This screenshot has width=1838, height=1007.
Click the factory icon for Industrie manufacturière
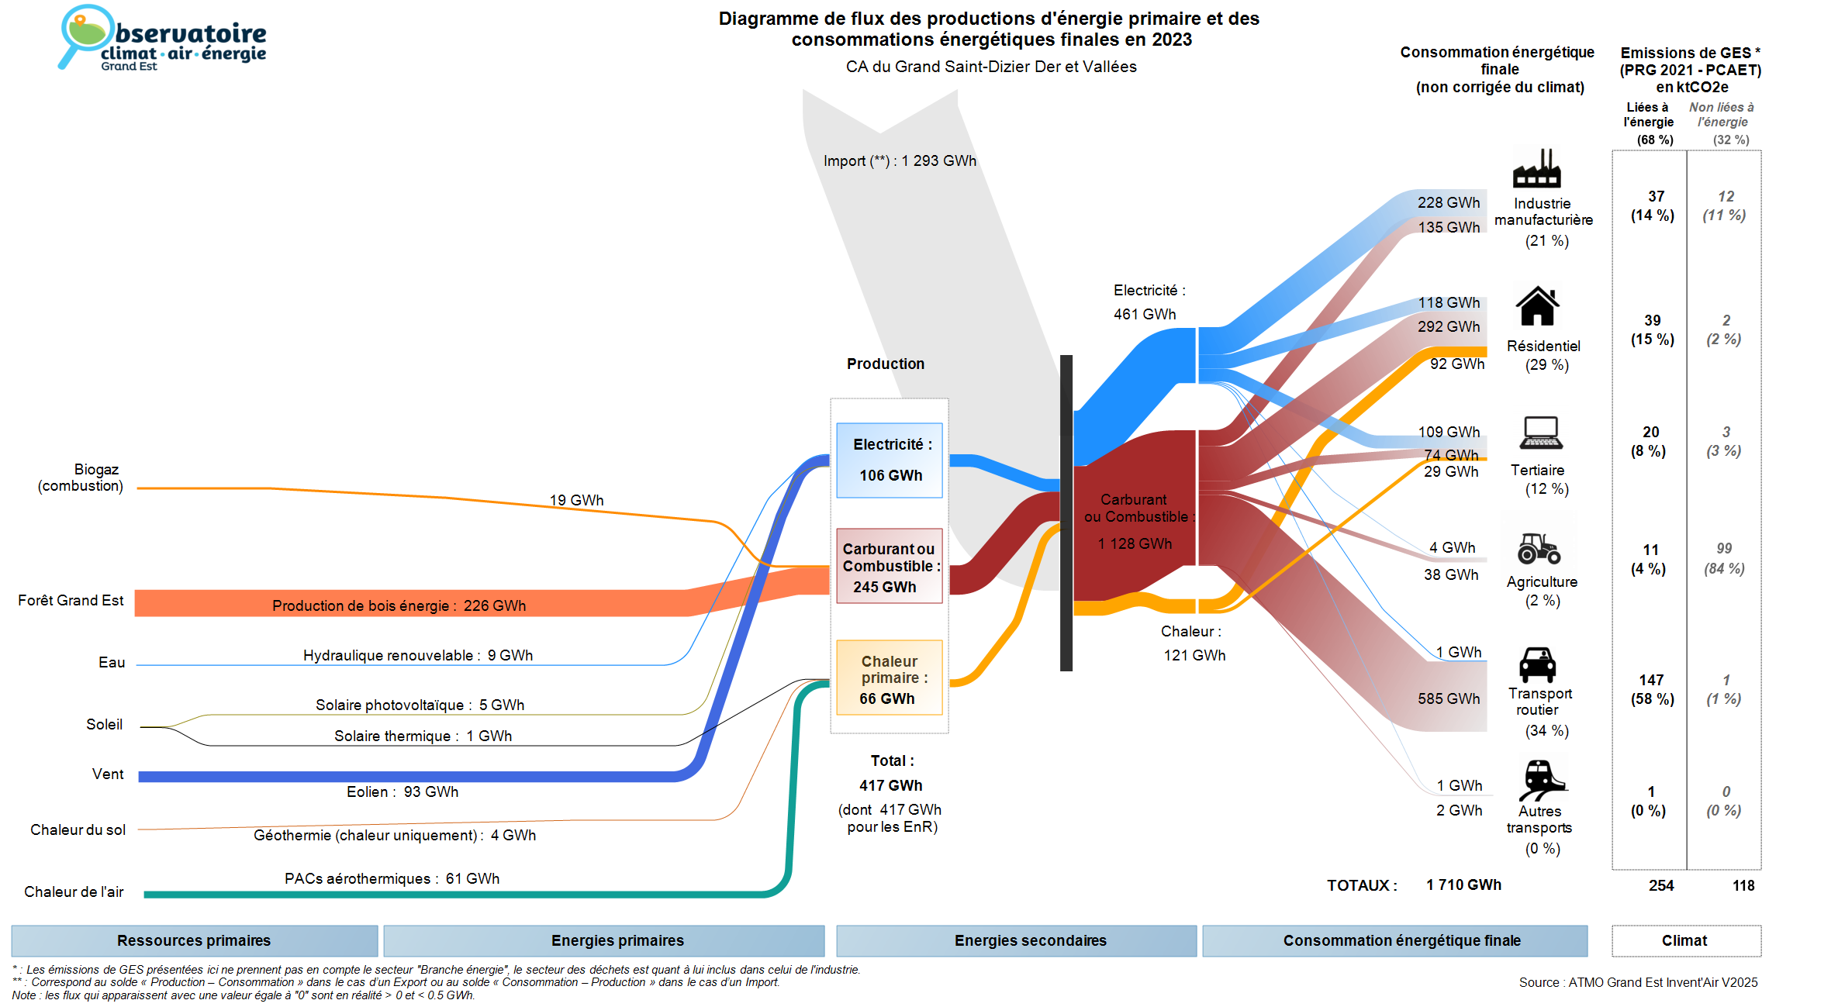click(1536, 169)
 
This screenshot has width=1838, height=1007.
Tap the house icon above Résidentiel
click(1537, 306)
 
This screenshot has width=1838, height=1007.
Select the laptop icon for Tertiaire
click(1541, 433)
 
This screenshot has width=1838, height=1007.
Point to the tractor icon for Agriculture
click(1539, 548)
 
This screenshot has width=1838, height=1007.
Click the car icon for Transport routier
click(1537, 664)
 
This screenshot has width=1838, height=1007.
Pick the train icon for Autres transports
click(1541, 780)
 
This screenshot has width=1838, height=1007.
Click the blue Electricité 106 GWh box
click(890, 460)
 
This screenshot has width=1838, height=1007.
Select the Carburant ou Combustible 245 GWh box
click(890, 566)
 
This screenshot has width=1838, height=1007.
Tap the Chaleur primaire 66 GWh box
click(890, 678)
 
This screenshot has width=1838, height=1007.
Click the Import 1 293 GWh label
click(900, 160)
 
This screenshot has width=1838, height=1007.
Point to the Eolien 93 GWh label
click(402, 791)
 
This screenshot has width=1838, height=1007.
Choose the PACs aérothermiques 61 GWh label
click(392, 878)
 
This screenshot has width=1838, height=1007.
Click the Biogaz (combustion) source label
click(81, 478)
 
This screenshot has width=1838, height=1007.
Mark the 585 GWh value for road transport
click(1449, 698)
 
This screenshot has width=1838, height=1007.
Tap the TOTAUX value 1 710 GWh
click(1463, 885)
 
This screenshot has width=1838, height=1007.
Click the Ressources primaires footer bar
click(194, 940)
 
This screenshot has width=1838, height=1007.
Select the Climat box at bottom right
click(1685, 940)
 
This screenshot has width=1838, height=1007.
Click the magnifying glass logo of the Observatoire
click(83, 35)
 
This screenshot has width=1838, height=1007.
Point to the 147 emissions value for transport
click(1651, 680)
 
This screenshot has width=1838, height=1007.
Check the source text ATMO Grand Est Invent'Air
click(1638, 982)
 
